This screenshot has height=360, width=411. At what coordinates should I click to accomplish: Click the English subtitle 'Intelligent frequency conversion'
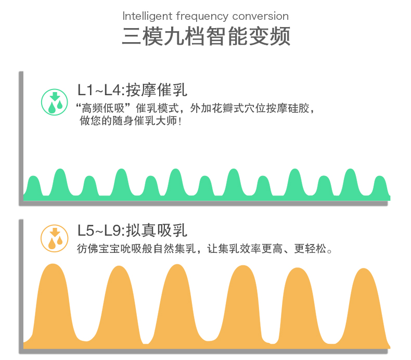205,16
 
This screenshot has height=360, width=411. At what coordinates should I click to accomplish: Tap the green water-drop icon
55,102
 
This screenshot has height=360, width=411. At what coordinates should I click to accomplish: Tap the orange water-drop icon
55,239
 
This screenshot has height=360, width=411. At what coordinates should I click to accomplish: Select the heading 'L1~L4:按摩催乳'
132,89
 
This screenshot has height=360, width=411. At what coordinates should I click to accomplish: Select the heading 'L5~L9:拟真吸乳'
132,230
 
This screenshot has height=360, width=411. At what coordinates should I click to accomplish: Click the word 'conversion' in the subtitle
261,16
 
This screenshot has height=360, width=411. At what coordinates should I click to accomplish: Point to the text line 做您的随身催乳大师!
130,121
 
